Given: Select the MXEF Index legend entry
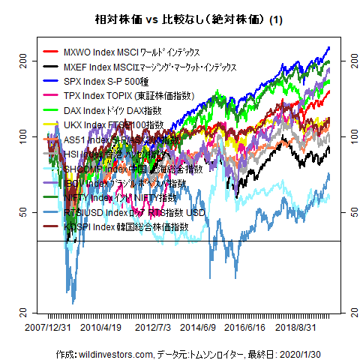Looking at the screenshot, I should pos(150,67).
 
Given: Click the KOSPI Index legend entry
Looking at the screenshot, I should pos(126,226).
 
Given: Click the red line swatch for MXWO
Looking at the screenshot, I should pos(51,52).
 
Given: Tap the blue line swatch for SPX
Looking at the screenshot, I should pos(51,81).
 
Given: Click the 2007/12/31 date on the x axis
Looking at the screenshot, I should pos(48,328).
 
